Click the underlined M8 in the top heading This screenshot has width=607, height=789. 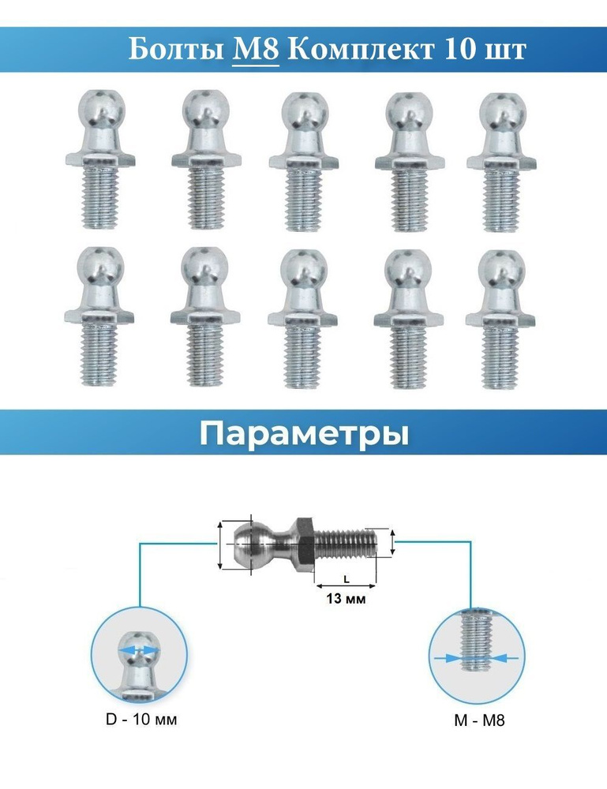(256, 50)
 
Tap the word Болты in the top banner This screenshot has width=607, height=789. (176, 50)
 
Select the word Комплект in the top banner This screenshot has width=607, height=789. (360, 50)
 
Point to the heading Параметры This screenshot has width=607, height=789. (304, 434)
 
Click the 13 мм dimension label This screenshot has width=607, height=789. (346, 599)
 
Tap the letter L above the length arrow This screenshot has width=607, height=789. (347, 579)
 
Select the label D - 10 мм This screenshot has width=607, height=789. (141, 719)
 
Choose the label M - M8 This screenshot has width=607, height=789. (479, 720)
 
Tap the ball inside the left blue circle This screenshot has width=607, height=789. (138, 649)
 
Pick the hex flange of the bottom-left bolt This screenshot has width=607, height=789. (99, 317)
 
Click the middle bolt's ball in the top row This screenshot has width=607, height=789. (305, 114)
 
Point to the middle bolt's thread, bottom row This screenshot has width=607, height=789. (303, 356)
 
